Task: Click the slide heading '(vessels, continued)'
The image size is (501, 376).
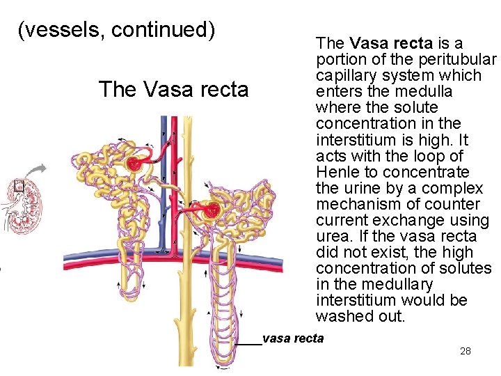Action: [117, 30]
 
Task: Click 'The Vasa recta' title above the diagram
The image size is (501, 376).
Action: [173, 90]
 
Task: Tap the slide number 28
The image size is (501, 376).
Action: [466, 351]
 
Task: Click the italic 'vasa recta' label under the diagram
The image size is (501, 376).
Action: [293, 339]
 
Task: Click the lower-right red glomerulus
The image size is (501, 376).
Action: [212, 210]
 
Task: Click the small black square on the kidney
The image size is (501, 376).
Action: [19, 186]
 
